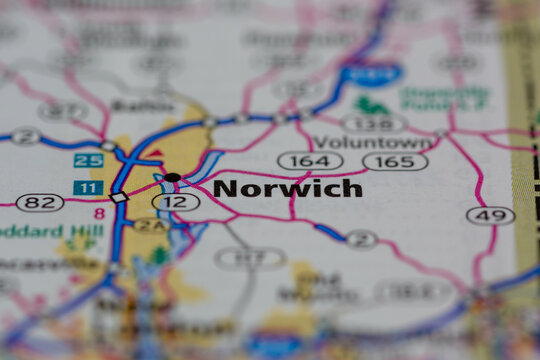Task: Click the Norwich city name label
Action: click(x=287, y=188)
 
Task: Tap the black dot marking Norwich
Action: click(x=172, y=177)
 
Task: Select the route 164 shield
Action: click(x=310, y=160)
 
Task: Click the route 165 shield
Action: click(x=395, y=161)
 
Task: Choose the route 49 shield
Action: click(x=490, y=215)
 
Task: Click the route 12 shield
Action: click(x=175, y=202)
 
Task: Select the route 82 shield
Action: click(x=40, y=202)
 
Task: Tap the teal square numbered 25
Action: click(x=88, y=160)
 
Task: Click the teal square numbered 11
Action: click(x=88, y=187)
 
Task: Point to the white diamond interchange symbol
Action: click(x=119, y=197)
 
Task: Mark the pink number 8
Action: click(x=99, y=213)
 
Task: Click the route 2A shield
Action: click(x=150, y=226)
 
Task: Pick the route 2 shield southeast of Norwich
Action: click(x=360, y=239)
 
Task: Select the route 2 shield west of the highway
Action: click(x=24, y=136)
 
